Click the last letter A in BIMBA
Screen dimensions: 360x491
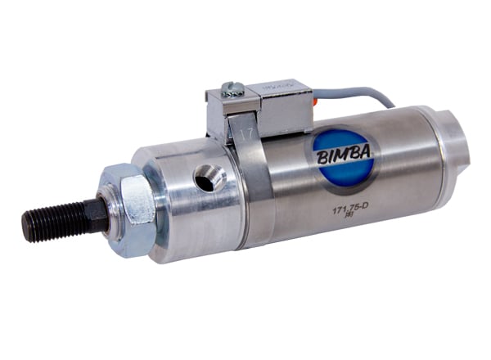pos(367,149)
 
